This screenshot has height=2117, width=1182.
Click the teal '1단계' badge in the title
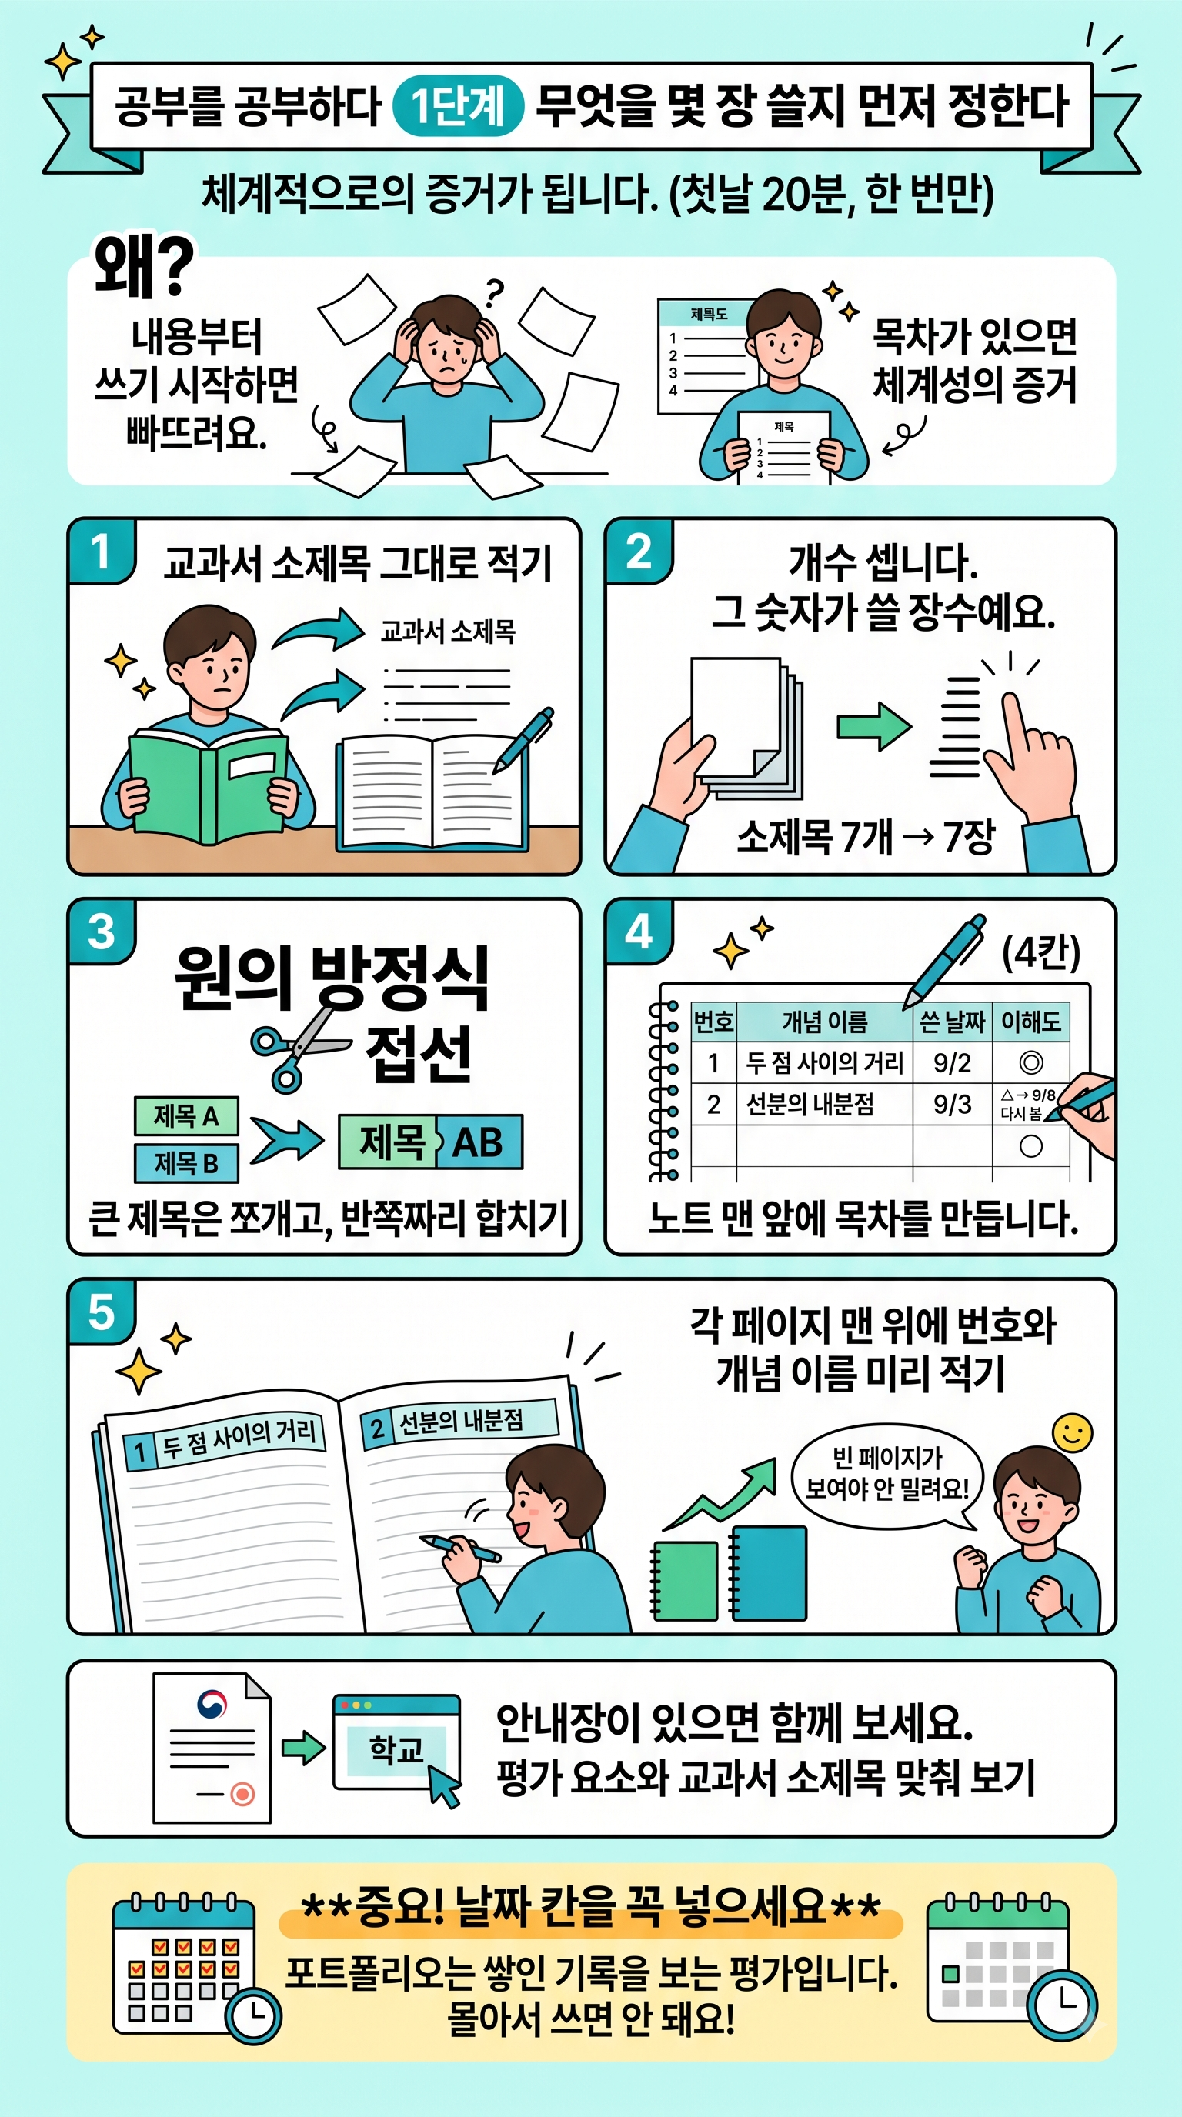[x=459, y=105]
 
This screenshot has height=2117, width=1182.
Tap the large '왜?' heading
[x=144, y=265]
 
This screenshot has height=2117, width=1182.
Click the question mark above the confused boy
[x=494, y=292]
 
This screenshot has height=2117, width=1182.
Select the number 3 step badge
[x=102, y=932]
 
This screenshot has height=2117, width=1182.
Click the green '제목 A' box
[x=186, y=1116]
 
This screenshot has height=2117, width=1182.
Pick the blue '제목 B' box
[x=186, y=1163]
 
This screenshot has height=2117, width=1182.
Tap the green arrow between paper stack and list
[x=873, y=725]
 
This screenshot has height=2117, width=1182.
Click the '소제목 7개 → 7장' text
[x=865, y=837]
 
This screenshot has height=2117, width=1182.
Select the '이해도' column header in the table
[x=1030, y=1022]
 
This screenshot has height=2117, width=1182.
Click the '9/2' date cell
[x=952, y=1062]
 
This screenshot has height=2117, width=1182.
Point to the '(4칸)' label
[x=1040, y=952]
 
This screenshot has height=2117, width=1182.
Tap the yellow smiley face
[x=1073, y=1434]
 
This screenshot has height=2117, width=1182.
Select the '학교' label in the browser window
[x=396, y=1749]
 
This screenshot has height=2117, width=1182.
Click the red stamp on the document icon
[x=242, y=1793]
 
